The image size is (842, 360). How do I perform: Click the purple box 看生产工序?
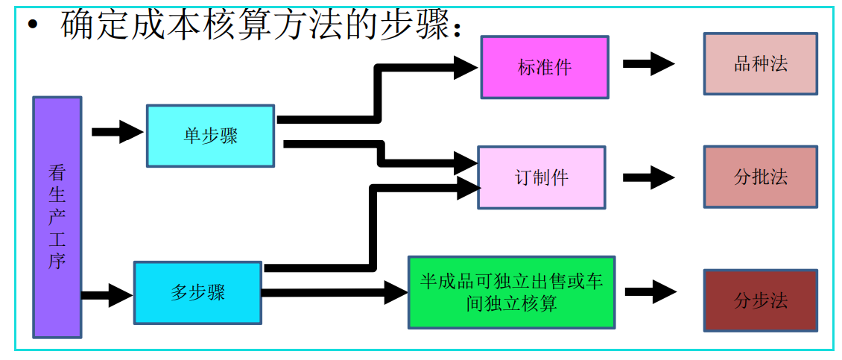[x=57, y=217]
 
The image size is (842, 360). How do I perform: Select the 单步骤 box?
[x=210, y=136]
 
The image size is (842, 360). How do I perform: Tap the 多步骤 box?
[x=197, y=292]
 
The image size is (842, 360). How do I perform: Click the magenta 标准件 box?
[x=544, y=67]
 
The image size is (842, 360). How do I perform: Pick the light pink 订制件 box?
[x=541, y=177]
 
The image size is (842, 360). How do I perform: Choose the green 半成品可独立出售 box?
[x=511, y=292]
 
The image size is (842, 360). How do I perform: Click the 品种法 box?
[x=760, y=64]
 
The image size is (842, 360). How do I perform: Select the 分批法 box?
[x=760, y=177]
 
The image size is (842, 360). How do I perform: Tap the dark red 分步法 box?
[x=760, y=300]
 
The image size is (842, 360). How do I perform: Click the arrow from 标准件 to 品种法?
[x=648, y=64]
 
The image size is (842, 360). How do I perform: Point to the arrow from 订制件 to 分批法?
[x=648, y=177]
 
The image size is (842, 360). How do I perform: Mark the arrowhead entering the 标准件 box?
[x=466, y=68]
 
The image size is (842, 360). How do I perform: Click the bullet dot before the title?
[x=32, y=25]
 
